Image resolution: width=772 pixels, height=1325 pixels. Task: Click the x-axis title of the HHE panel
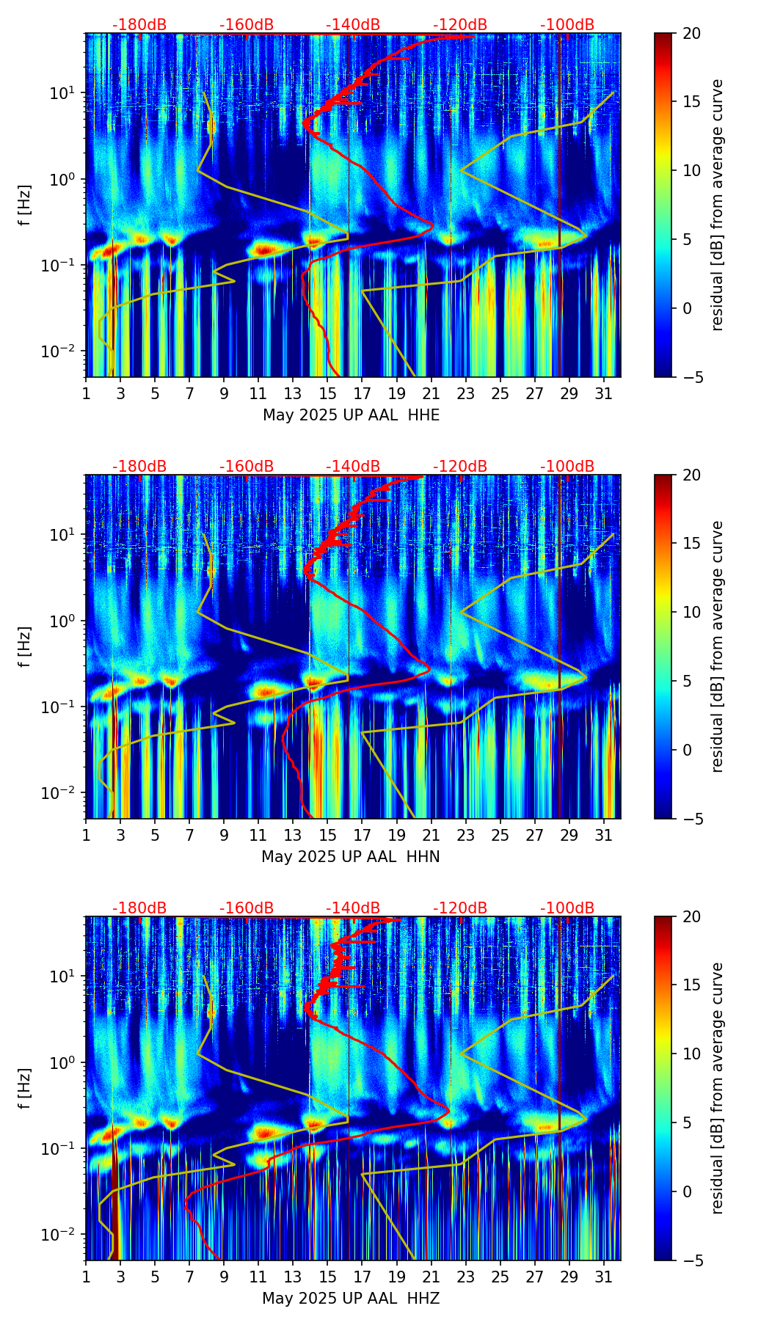351,415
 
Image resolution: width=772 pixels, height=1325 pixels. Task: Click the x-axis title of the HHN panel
351,857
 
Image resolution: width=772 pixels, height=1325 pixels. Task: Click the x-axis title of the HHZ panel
351,1299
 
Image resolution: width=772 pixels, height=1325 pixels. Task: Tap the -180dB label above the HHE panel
139,25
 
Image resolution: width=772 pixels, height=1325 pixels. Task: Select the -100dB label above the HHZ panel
567,908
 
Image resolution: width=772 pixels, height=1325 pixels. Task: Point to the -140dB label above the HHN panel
353,467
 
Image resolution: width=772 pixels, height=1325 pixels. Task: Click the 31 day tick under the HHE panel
604,394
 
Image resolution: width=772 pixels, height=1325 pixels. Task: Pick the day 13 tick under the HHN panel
293,836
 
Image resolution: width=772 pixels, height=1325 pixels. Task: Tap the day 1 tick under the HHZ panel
87,1277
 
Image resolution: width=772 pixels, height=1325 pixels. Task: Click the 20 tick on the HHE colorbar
691,33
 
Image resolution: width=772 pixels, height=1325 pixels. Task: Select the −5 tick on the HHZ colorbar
691,1260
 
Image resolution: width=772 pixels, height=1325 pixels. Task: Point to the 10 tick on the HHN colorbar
691,612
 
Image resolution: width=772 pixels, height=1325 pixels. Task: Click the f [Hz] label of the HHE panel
25,205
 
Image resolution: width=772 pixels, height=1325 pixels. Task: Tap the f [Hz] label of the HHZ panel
25,1089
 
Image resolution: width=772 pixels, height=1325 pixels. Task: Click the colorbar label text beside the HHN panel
718,646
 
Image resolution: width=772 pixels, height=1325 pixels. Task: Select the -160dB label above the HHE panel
247,25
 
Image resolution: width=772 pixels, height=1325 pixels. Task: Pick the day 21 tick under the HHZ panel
431,1277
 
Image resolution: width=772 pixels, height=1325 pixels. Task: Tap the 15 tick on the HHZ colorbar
691,985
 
